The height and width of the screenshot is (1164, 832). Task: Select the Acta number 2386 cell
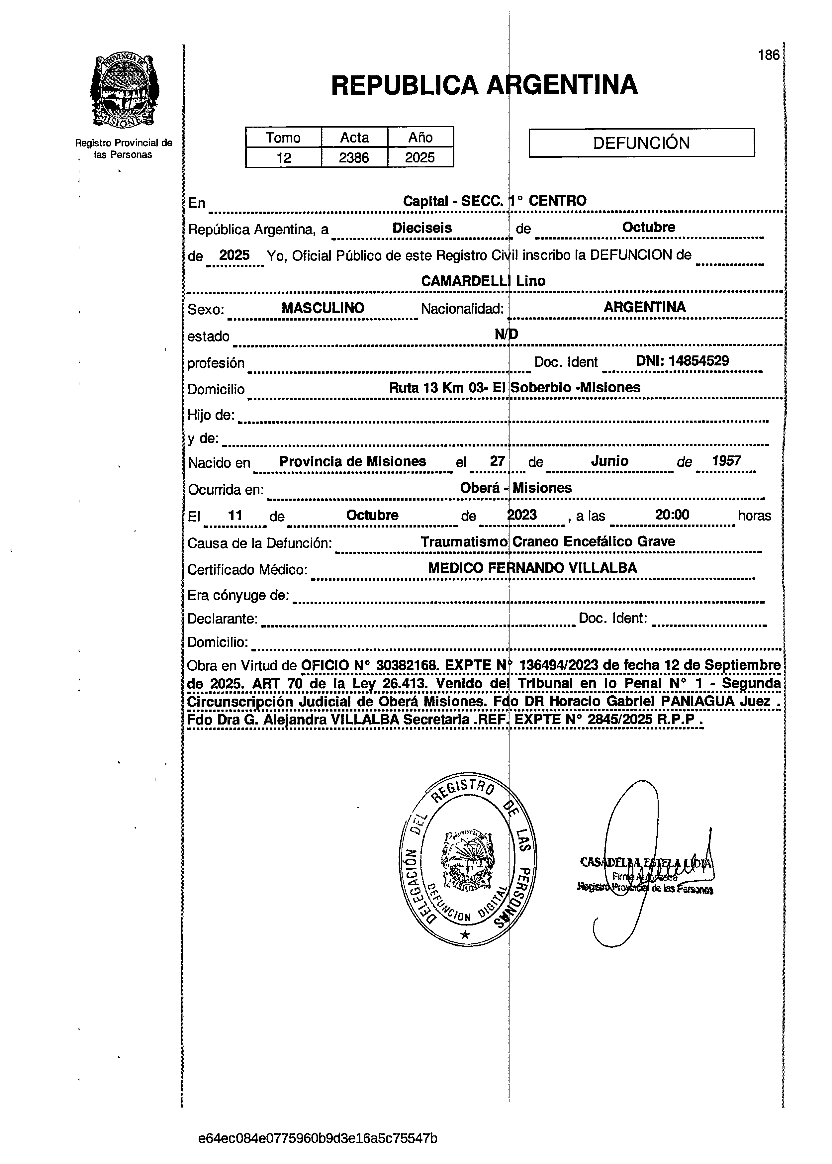(x=354, y=157)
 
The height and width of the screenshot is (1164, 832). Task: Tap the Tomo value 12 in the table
(x=283, y=157)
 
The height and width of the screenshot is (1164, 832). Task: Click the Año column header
(x=420, y=137)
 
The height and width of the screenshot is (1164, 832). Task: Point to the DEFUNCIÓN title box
(x=641, y=143)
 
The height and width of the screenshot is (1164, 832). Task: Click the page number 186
(x=769, y=55)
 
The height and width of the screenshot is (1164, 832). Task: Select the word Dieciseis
(x=422, y=228)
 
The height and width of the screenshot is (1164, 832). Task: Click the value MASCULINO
(x=323, y=308)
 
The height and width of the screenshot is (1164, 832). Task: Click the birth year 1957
(x=726, y=460)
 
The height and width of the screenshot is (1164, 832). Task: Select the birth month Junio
(x=610, y=460)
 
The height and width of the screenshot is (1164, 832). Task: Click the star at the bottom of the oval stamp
(x=465, y=935)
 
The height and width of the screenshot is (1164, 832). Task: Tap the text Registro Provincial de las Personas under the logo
(x=124, y=148)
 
